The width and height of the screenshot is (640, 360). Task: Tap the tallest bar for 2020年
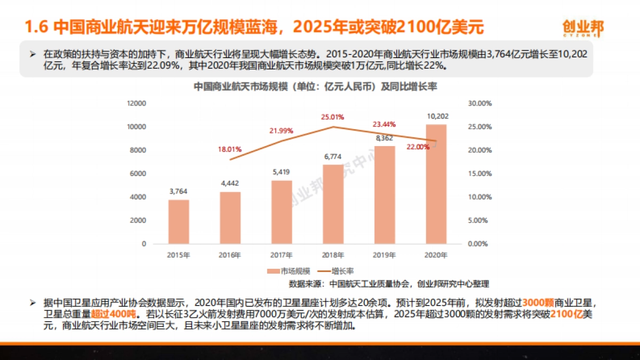(x=436, y=184)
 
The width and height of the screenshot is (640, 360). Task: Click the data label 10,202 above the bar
(x=437, y=116)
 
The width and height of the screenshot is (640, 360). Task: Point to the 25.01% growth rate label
(x=333, y=117)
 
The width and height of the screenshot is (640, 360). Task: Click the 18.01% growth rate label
(x=230, y=149)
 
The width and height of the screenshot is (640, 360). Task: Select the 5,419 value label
(x=282, y=172)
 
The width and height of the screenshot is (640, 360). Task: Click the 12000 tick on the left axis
(x=137, y=103)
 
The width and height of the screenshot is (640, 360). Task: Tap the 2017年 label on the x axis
(x=282, y=255)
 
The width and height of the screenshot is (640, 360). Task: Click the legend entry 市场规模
(x=289, y=271)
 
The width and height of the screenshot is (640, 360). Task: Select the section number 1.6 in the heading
(x=38, y=27)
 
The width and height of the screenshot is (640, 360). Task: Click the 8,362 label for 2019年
(x=385, y=138)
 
